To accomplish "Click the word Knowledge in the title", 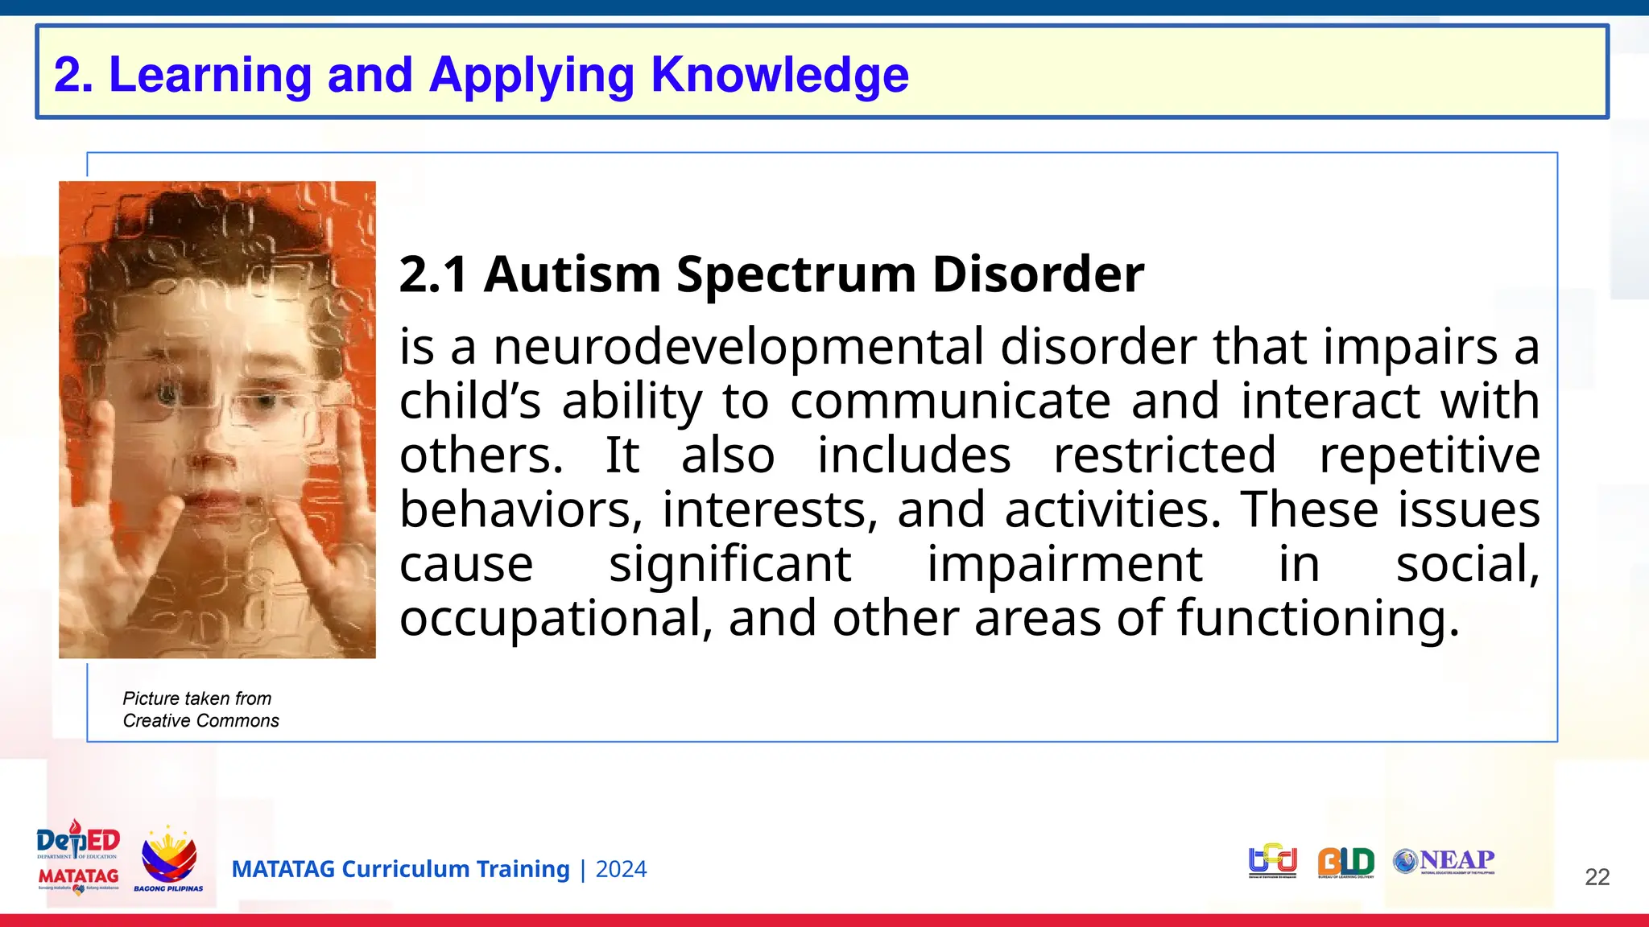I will click(779, 75).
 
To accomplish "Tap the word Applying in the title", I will click(532, 76).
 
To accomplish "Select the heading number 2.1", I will click(433, 274).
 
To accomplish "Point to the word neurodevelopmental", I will click(738, 347).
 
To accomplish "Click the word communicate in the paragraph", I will click(950, 401).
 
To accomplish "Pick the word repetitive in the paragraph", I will click(1429, 455).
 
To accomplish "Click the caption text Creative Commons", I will click(200, 721).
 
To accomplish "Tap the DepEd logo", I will click(78, 841).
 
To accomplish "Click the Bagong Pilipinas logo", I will click(168, 859).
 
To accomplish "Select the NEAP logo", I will click(1444, 861).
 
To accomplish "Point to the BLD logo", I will click(1345, 862).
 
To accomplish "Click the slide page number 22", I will click(1597, 877).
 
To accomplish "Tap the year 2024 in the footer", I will click(621, 870).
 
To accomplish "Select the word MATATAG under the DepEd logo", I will click(78, 875).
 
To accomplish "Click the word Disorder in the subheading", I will click(1038, 274).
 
